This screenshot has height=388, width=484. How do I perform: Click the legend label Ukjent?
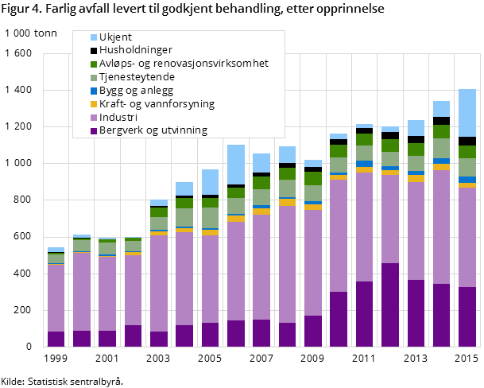point(116,37)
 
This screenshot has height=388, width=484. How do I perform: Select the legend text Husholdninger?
point(136,50)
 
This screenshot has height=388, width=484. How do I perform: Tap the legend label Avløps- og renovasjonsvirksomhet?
point(184,64)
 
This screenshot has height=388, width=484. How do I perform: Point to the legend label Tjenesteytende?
point(137,77)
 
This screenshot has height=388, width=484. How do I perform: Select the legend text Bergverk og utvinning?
point(153,130)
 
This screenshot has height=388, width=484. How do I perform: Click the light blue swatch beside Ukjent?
point(94,37)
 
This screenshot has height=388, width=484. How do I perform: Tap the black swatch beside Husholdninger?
point(94,50)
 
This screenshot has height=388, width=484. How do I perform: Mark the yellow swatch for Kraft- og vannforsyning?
point(94,104)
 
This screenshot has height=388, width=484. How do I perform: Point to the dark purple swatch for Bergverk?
point(94,130)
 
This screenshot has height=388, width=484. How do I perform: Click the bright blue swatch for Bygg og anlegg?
point(94,91)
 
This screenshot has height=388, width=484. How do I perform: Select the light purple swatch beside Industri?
point(94,117)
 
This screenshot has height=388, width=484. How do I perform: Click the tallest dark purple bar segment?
point(390,305)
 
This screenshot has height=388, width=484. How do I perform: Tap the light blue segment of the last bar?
point(467,113)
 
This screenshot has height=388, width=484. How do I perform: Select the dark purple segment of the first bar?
point(56,339)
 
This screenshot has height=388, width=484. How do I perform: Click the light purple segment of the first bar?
point(56,298)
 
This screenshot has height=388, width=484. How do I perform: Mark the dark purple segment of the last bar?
point(467,316)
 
